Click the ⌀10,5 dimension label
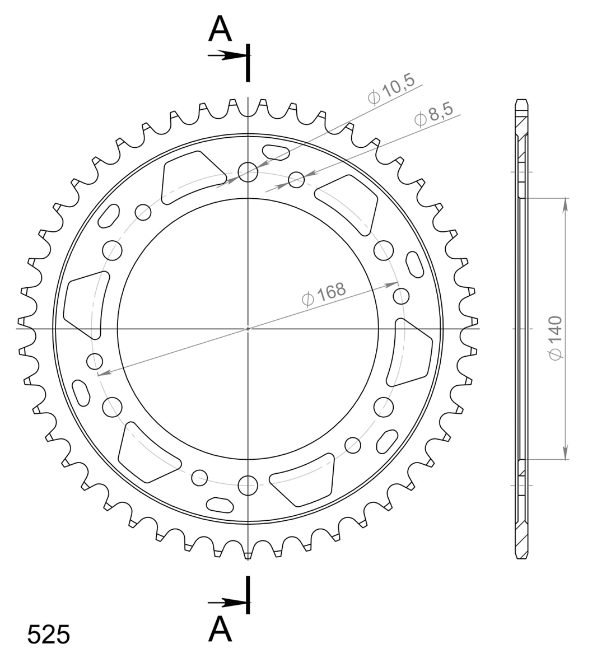coord(391,90)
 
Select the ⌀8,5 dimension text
coord(434,115)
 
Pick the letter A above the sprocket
coord(220,29)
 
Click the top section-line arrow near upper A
coord(227,55)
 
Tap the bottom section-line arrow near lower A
coord(227,603)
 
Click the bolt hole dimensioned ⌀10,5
coord(248,172)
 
